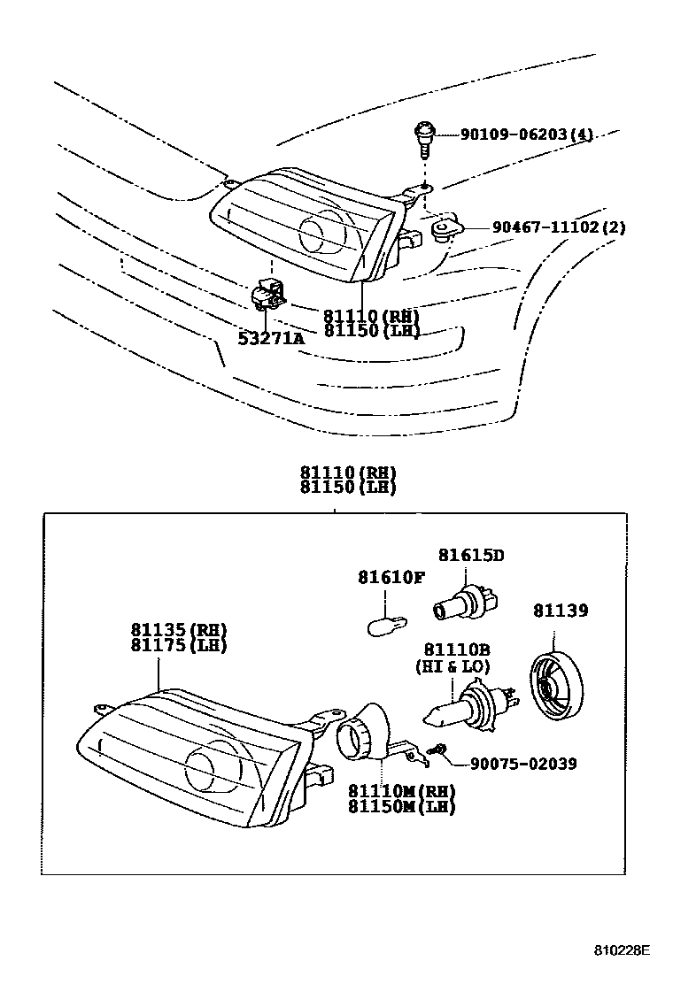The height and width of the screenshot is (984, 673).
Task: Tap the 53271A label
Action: coord(270,337)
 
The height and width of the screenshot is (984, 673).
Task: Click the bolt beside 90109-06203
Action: coord(424,136)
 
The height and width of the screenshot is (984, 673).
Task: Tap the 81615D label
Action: coord(471,555)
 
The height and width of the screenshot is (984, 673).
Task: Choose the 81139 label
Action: coord(560,610)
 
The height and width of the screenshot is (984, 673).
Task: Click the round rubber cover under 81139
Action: coord(554,685)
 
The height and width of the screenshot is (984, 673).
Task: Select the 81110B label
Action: coord(453,650)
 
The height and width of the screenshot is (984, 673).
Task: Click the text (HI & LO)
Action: coord(453,666)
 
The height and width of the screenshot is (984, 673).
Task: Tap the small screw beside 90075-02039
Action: coord(435,750)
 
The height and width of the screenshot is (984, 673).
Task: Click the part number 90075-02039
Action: coord(522,763)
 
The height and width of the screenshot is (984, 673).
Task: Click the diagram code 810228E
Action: coord(621,950)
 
